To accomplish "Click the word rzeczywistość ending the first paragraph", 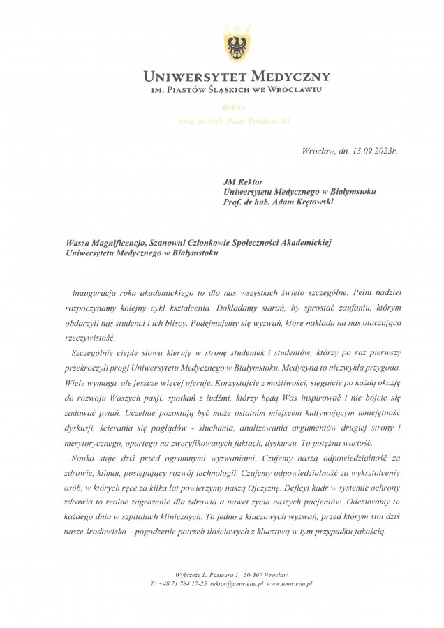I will point(93,336).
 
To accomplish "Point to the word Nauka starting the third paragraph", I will point(86,458).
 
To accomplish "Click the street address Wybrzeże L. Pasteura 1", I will point(207,574).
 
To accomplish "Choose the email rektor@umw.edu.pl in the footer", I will point(236,583).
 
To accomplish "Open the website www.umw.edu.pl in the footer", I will point(289,583).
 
